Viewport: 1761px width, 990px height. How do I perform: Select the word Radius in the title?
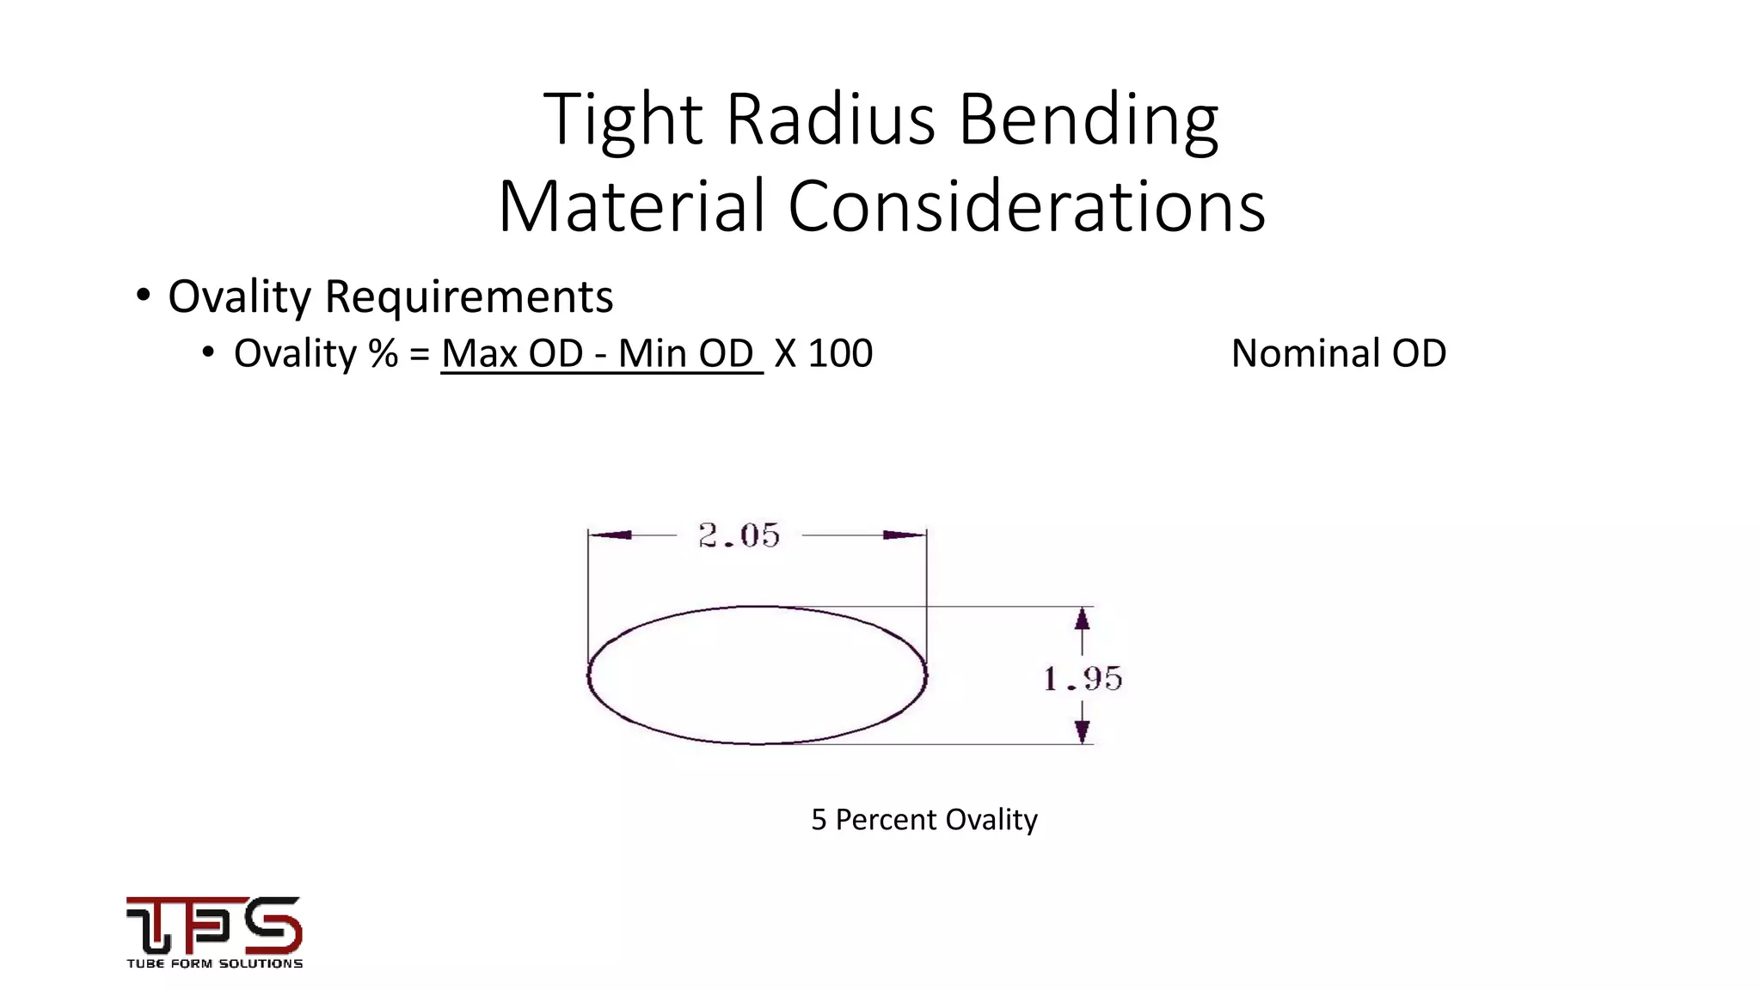coord(831,119)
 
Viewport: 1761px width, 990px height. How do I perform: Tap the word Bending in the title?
coord(1088,119)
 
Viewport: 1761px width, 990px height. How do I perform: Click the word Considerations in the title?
coord(1026,207)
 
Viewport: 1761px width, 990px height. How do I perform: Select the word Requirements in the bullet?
coord(469,296)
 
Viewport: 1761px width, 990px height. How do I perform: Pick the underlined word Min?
coord(654,353)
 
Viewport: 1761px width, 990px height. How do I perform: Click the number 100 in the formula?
coord(840,353)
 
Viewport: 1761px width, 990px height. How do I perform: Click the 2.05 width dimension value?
coord(739,535)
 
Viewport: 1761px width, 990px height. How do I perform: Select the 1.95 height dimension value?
coord(1083,679)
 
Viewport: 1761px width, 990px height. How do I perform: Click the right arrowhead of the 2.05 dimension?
coord(905,535)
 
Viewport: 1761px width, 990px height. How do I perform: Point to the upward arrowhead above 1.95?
coord(1083,619)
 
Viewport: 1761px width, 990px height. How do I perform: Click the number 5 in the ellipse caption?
coord(819,820)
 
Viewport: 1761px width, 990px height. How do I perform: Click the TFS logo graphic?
coord(214,925)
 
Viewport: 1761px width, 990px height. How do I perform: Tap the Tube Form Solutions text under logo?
coord(214,963)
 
